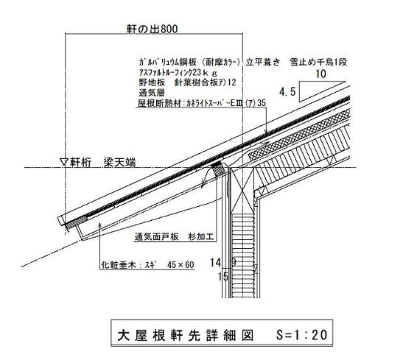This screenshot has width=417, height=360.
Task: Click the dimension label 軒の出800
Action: (152, 29)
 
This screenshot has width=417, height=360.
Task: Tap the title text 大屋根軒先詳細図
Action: (186, 335)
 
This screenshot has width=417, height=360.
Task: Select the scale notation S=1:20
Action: (301, 335)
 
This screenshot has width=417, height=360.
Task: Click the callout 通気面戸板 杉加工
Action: (174, 236)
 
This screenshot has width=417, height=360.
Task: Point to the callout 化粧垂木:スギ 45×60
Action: (147, 264)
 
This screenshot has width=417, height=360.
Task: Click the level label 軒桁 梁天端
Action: (102, 163)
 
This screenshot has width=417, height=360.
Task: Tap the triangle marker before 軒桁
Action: (64, 162)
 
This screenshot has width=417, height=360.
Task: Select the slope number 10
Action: (320, 74)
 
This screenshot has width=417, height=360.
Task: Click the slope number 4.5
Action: (287, 92)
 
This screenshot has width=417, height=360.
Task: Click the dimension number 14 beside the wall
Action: (215, 263)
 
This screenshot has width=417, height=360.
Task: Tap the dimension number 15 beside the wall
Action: (223, 277)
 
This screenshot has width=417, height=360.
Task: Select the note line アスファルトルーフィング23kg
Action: (178, 73)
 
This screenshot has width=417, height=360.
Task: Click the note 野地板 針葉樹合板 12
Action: (187, 82)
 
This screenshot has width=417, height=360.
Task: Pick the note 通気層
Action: (152, 93)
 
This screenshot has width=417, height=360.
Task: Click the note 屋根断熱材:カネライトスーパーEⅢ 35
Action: (202, 103)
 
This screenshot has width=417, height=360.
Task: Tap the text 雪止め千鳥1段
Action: (318, 62)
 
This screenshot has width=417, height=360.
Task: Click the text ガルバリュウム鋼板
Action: (167, 62)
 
